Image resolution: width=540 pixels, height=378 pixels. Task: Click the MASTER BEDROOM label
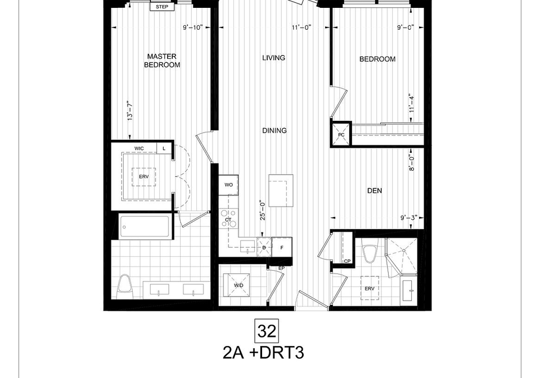click(162, 61)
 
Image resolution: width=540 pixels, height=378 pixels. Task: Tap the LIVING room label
click(274, 58)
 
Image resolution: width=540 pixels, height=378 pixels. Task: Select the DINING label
click(274, 131)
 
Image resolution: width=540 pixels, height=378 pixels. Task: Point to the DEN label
click(375, 190)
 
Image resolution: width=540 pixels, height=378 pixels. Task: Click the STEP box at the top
click(162, 7)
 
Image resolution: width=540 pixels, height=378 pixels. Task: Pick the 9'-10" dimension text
click(192, 28)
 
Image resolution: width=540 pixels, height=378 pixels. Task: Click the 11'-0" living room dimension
click(301, 28)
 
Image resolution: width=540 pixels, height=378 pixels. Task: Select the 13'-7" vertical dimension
click(130, 111)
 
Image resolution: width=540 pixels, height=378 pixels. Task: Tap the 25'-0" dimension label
click(263, 210)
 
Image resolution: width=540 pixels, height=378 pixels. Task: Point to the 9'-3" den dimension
click(409, 218)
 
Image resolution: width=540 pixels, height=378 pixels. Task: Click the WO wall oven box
click(229, 185)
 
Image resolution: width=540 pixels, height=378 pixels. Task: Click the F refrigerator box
click(282, 247)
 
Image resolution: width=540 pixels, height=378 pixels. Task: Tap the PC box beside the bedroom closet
click(341, 135)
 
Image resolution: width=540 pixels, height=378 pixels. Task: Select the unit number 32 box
click(267, 331)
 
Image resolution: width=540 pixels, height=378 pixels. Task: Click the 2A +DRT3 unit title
click(263, 353)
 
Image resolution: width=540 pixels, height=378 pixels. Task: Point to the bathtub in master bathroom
click(144, 226)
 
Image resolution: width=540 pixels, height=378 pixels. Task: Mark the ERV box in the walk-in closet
click(143, 177)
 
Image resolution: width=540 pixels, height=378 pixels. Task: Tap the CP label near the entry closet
click(347, 261)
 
